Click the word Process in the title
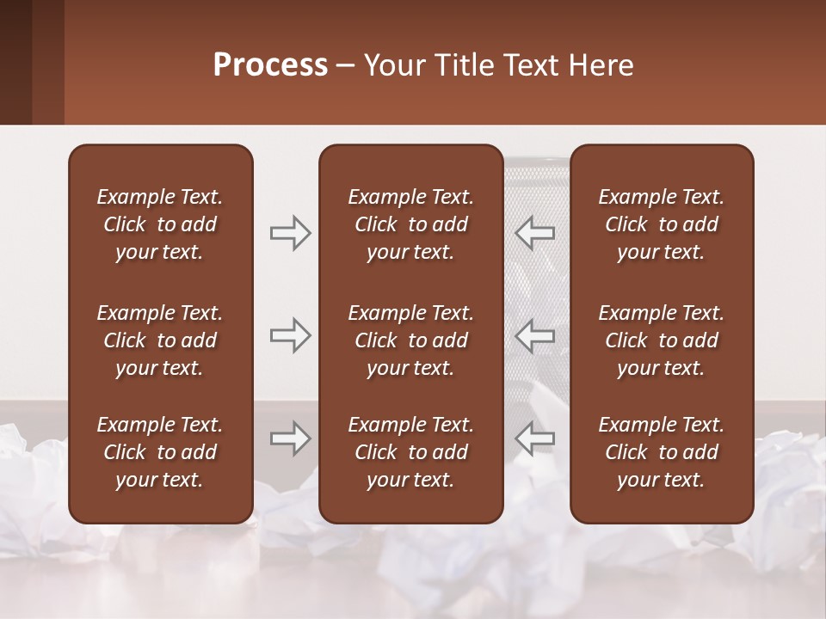(270, 65)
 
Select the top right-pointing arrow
(290, 233)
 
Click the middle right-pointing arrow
(290, 335)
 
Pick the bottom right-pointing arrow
(290, 438)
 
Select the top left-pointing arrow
(535, 233)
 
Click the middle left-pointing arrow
(535, 335)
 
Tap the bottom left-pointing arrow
(535, 438)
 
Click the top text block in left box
(160, 224)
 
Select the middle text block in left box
(160, 340)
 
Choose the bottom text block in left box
(160, 452)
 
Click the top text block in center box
(410, 224)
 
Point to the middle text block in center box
(410, 340)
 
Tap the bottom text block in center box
(410, 452)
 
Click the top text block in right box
(661, 224)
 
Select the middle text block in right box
(661, 340)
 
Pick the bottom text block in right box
(661, 452)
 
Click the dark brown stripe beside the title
(15, 62)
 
